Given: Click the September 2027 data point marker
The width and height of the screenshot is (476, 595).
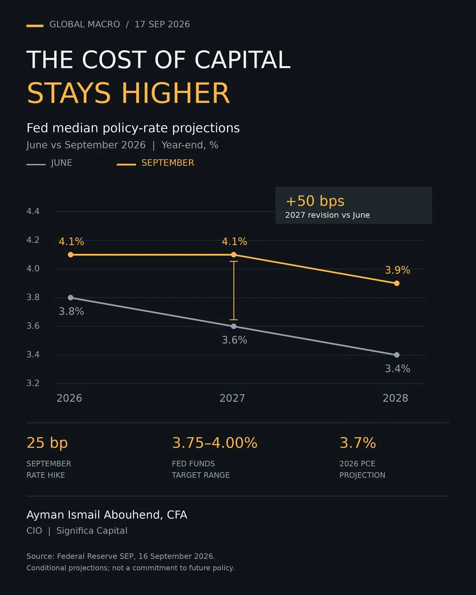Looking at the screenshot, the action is pyautogui.click(x=234, y=254).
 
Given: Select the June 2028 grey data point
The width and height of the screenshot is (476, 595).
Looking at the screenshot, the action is pyautogui.click(x=397, y=355).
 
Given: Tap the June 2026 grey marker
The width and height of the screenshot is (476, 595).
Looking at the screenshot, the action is pyautogui.click(x=71, y=297).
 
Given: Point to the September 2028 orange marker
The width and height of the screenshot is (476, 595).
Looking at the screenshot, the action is pyautogui.click(x=397, y=283).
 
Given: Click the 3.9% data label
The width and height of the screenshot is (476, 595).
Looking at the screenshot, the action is pyautogui.click(x=398, y=270).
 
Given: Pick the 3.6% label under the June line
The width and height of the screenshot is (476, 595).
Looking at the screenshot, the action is pyautogui.click(x=234, y=340).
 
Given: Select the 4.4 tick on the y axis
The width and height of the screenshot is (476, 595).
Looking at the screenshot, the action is pyautogui.click(x=33, y=212).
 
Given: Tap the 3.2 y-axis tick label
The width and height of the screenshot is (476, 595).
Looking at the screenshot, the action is pyautogui.click(x=33, y=383).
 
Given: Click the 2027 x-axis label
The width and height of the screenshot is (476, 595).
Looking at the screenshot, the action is pyautogui.click(x=232, y=398).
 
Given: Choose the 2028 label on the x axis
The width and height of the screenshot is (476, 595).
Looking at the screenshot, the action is pyautogui.click(x=395, y=398).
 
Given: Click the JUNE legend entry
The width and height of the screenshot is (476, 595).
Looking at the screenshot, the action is pyautogui.click(x=49, y=163).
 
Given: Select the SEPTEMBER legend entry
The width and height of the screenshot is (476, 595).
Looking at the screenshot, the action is pyautogui.click(x=156, y=163).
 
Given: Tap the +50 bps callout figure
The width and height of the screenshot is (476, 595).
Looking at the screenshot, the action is pyautogui.click(x=315, y=201).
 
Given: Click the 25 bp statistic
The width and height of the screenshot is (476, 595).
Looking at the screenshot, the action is pyautogui.click(x=47, y=443).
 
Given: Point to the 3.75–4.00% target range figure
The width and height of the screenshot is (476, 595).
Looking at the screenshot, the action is pyautogui.click(x=215, y=443).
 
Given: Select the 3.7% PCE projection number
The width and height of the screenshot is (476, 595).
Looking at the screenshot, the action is pyautogui.click(x=357, y=443).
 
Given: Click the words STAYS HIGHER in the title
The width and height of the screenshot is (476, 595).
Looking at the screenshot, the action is pyautogui.click(x=128, y=93).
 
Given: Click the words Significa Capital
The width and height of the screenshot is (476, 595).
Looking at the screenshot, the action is pyautogui.click(x=92, y=531).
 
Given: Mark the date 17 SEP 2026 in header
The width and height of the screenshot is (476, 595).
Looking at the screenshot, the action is pyautogui.click(x=162, y=24).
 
